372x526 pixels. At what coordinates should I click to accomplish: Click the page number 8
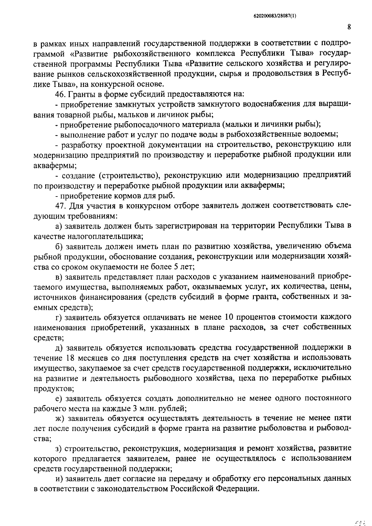point(349,27)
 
